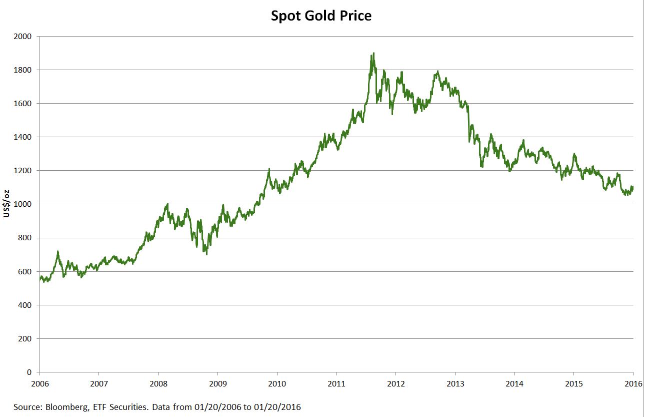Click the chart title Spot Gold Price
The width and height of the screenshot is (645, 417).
[321, 16]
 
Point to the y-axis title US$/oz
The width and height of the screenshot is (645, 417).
[6, 204]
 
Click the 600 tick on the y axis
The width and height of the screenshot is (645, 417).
[25, 271]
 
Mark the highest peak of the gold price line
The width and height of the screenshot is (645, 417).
[373, 53]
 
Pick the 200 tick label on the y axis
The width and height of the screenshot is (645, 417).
[25, 339]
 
